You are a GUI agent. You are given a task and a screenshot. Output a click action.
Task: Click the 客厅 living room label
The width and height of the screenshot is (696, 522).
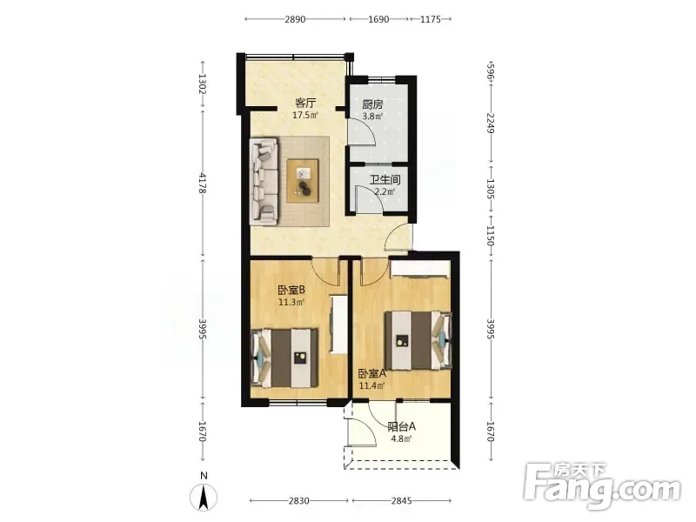[305, 104]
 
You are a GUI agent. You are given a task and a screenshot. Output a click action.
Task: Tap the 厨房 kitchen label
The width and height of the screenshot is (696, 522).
[372, 104]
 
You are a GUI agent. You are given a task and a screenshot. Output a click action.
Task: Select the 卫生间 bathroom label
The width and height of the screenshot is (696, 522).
[385, 180]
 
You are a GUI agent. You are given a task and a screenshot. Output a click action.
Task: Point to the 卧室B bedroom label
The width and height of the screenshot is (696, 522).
[291, 291]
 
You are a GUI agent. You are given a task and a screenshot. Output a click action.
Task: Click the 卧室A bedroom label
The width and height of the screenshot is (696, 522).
[372, 374]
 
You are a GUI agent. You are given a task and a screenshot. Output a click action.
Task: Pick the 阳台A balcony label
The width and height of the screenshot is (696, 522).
[401, 427]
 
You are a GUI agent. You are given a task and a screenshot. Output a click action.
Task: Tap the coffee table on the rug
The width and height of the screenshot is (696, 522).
[303, 181]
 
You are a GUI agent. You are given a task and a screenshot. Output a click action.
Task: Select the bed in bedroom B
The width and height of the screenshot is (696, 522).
[284, 358]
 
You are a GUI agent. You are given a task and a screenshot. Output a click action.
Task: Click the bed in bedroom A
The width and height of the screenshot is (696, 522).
[418, 340]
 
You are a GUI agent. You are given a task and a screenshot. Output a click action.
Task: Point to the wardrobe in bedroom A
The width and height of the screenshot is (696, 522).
[419, 269]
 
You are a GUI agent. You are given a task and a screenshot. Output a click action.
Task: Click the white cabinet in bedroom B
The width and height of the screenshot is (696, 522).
[338, 324]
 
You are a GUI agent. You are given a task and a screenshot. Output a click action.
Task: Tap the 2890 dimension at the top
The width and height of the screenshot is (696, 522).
[295, 19]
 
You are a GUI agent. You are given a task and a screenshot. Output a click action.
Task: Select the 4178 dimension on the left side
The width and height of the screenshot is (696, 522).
[202, 184]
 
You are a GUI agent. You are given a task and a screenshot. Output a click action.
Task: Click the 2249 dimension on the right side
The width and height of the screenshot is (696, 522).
[490, 123]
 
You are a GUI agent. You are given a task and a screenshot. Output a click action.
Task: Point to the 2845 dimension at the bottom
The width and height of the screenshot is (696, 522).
[401, 501]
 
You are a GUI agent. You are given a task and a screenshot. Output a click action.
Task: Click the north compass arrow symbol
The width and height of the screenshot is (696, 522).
[204, 497]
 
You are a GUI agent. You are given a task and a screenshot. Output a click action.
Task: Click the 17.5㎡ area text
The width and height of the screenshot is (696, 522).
[305, 116]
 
